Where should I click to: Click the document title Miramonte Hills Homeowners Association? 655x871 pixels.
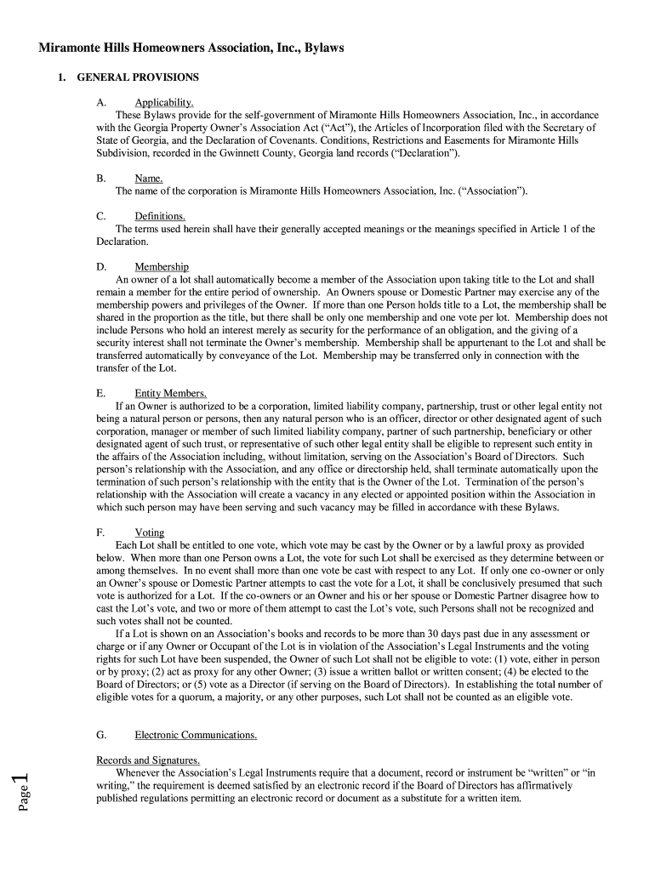(191, 48)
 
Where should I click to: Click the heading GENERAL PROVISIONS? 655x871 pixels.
(138, 77)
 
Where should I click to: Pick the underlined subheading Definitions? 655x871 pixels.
(160, 217)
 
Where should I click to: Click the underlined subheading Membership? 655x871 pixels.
(162, 267)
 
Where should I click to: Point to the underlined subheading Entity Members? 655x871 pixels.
(170, 394)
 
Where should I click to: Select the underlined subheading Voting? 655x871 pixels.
(150, 532)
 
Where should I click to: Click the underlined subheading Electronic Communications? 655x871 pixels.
(196, 735)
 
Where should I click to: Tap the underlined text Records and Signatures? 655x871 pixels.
(148, 760)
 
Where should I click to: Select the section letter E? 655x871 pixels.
(101, 394)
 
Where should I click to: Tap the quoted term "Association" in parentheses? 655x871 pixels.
(493, 191)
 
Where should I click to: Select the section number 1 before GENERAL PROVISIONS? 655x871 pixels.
(61, 77)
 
